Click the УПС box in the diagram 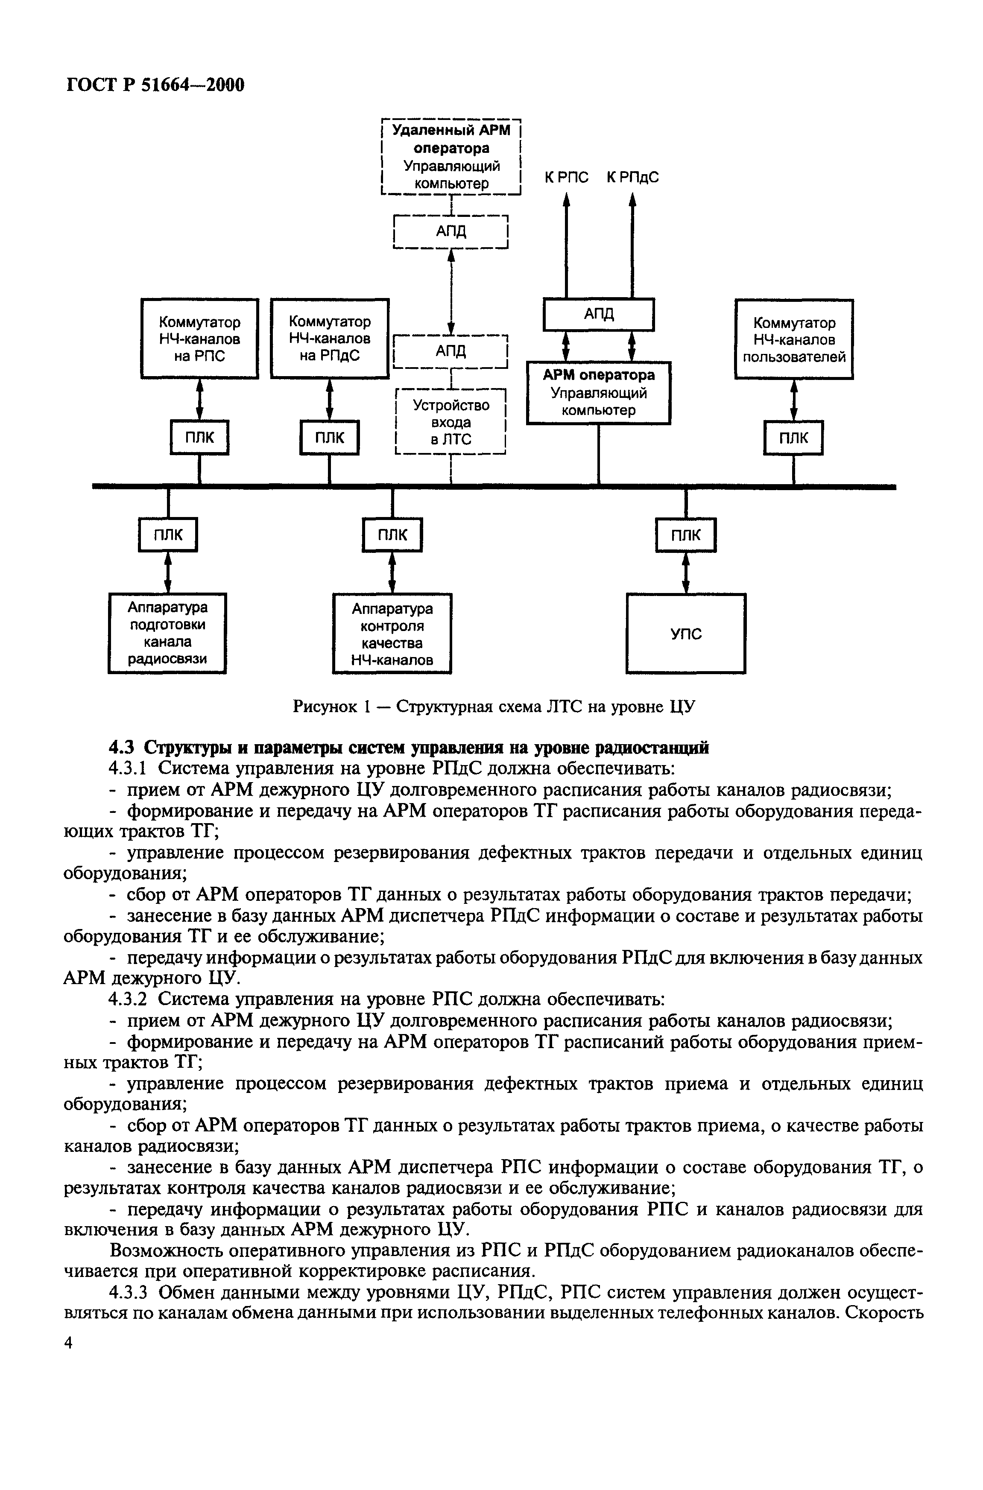tap(686, 633)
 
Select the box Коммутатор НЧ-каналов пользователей tap(794, 339)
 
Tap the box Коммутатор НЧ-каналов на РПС tap(199, 339)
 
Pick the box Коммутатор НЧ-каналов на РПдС tap(329, 339)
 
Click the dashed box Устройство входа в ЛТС tap(451, 422)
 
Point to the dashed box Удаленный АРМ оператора tap(451, 157)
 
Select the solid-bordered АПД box tap(598, 314)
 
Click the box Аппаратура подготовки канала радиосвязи tap(167, 633)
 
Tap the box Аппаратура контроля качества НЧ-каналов tap(392, 634)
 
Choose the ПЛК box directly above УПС tap(686, 535)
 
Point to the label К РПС tap(566, 178)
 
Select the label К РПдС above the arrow tap(632, 178)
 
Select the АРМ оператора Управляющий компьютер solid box tap(598, 392)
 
